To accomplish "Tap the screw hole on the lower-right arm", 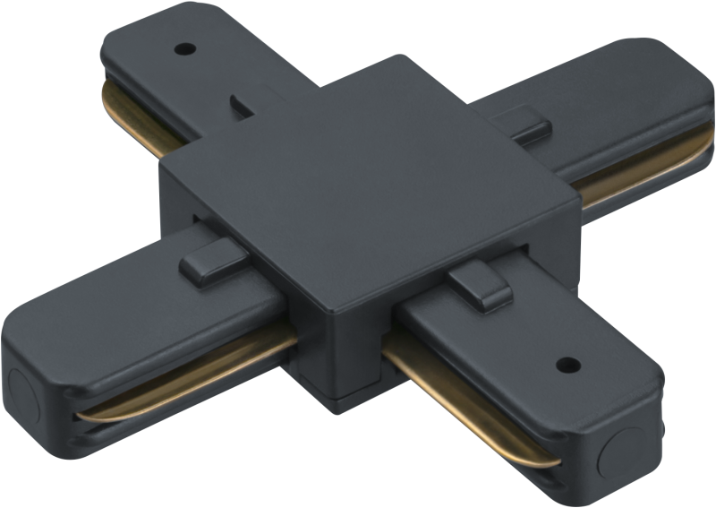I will pos(566,365).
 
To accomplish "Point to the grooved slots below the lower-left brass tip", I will pos(85,430).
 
